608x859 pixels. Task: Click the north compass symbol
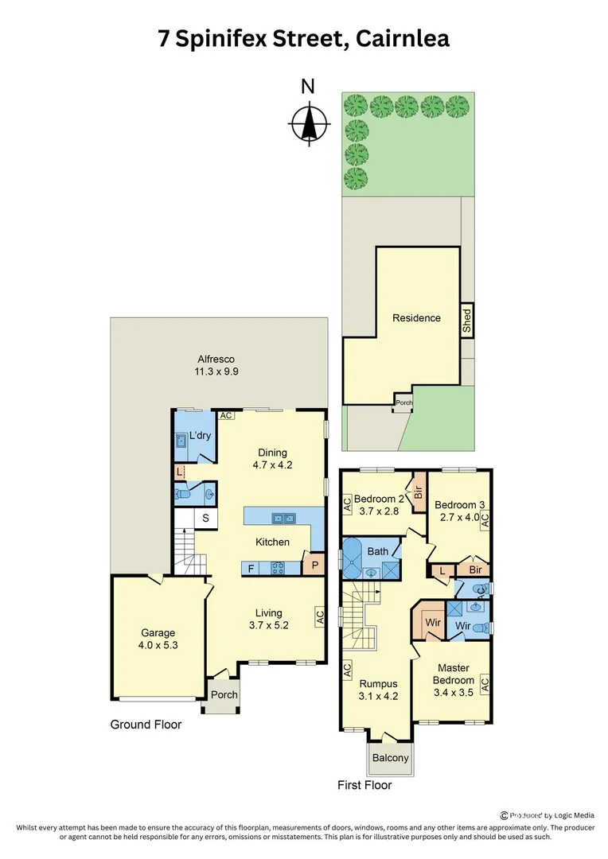308,124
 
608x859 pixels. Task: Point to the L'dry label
199,437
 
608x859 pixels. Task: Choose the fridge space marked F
251,569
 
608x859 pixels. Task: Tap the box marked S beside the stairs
205,519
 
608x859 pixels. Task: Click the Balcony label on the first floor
392,757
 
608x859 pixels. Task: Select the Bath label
377,550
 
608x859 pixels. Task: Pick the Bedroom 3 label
459,504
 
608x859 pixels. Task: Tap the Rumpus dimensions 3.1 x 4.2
378,696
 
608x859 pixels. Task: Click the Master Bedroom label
454,674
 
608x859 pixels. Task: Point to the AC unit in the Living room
320,617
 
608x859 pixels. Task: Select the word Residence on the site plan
416,318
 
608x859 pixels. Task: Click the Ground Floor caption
146,725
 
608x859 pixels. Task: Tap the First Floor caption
364,785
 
